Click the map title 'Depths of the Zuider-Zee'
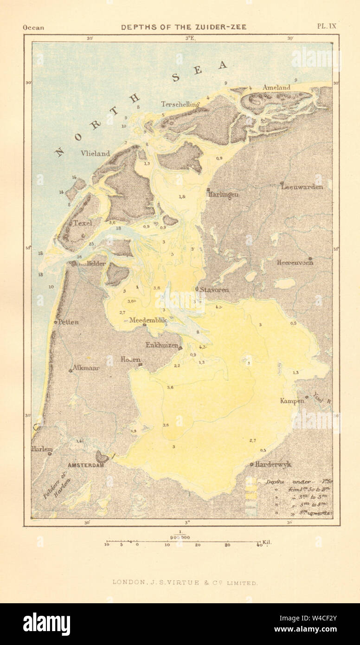184,27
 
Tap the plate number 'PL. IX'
326,26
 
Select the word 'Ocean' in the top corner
33,27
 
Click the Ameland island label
276,87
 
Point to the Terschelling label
180,104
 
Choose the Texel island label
83,223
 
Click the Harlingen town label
224,194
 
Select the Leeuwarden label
302,187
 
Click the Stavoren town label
214,290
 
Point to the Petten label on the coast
68,322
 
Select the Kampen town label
292,400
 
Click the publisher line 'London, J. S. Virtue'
185,583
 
